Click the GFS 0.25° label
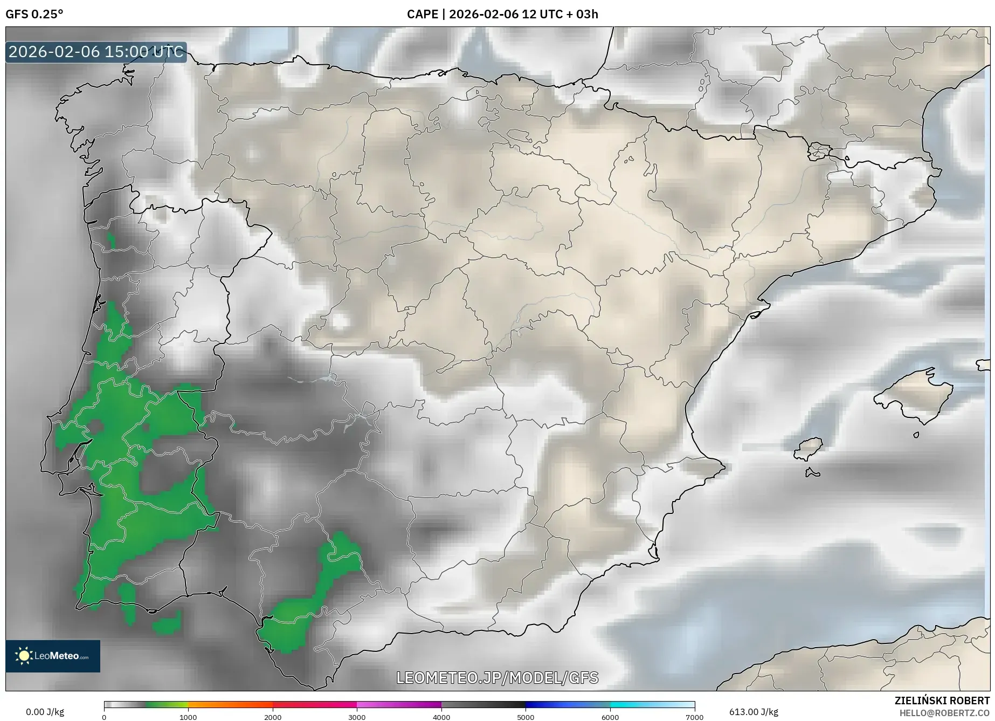34,14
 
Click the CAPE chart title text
502,14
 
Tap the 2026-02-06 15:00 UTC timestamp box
96,52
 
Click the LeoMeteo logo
53,656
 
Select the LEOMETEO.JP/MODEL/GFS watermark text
497,677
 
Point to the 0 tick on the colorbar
104,717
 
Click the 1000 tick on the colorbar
188,717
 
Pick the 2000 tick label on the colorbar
273,717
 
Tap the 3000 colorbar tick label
357,717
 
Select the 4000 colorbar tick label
441,717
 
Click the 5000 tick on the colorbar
526,717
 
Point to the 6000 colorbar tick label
610,717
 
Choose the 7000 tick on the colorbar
694,717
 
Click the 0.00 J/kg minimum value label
45,712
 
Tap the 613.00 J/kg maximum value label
754,712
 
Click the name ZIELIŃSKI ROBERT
942,701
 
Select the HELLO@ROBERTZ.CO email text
944,713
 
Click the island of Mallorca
914,396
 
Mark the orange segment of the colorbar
230,704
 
